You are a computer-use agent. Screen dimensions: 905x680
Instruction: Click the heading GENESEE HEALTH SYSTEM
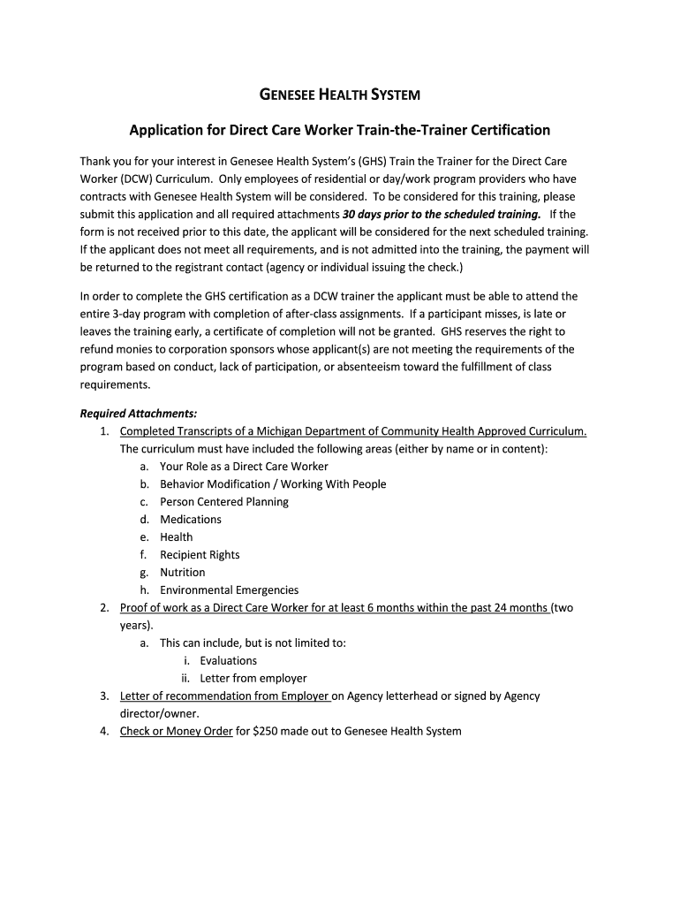point(339,94)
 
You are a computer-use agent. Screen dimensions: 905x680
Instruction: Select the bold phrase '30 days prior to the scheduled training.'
point(442,214)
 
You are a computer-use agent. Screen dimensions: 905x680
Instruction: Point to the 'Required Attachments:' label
point(139,414)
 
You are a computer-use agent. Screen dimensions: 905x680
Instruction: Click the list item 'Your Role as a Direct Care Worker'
point(244,467)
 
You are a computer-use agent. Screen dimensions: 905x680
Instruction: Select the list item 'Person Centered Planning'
point(224,502)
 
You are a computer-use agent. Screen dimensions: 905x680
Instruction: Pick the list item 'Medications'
point(191,520)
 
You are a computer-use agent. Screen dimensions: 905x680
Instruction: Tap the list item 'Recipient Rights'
point(200,555)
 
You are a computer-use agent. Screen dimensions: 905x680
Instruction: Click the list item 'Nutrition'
point(182,573)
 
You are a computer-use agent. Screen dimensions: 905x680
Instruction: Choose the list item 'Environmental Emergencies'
point(229,590)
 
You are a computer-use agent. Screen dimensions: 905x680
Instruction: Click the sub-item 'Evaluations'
point(229,661)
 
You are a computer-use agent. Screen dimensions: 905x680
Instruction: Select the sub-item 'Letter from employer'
point(253,679)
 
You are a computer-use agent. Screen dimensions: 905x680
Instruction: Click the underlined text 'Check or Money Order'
point(177,732)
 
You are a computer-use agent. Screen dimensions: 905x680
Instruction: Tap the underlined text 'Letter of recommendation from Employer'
point(225,696)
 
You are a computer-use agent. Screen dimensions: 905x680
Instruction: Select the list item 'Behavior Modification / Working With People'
point(273,484)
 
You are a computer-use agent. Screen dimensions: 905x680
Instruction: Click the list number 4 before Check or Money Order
point(104,732)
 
